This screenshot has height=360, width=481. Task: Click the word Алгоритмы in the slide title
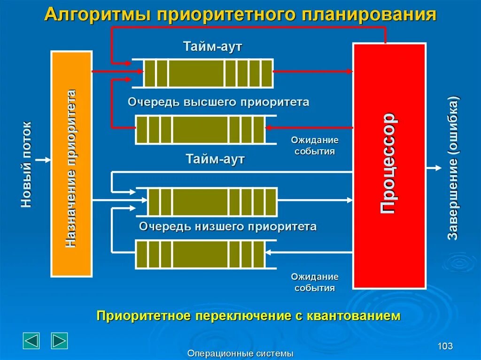pyautogui.click(x=97, y=15)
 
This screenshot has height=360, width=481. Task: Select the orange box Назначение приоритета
pyautogui.click(x=71, y=163)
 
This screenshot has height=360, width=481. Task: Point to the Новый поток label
pyautogui.click(x=26, y=164)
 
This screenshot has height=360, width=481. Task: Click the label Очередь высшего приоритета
pyautogui.click(x=218, y=102)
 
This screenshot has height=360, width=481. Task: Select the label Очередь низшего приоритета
pyautogui.click(x=227, y=227)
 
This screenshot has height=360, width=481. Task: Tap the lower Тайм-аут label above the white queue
pyautogui.click(x=215, y=159)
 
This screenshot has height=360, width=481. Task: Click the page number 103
pyautogui.click(x=445, y=346)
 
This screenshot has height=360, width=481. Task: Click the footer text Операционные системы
pyautogui.click(x=240, y=353)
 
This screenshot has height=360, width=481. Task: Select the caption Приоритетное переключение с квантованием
pyautogui.click(x=248, y=315)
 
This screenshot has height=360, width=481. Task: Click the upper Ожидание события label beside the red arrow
pyautogui.click(x=315, y=146)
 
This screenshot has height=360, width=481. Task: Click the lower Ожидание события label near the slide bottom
pyautogui.click(x=315, y=282)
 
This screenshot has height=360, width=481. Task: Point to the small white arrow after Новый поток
pyautogui.click(x=43, y=160)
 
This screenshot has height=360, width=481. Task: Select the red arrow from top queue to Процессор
pyautogui.click(x=312, y=72)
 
